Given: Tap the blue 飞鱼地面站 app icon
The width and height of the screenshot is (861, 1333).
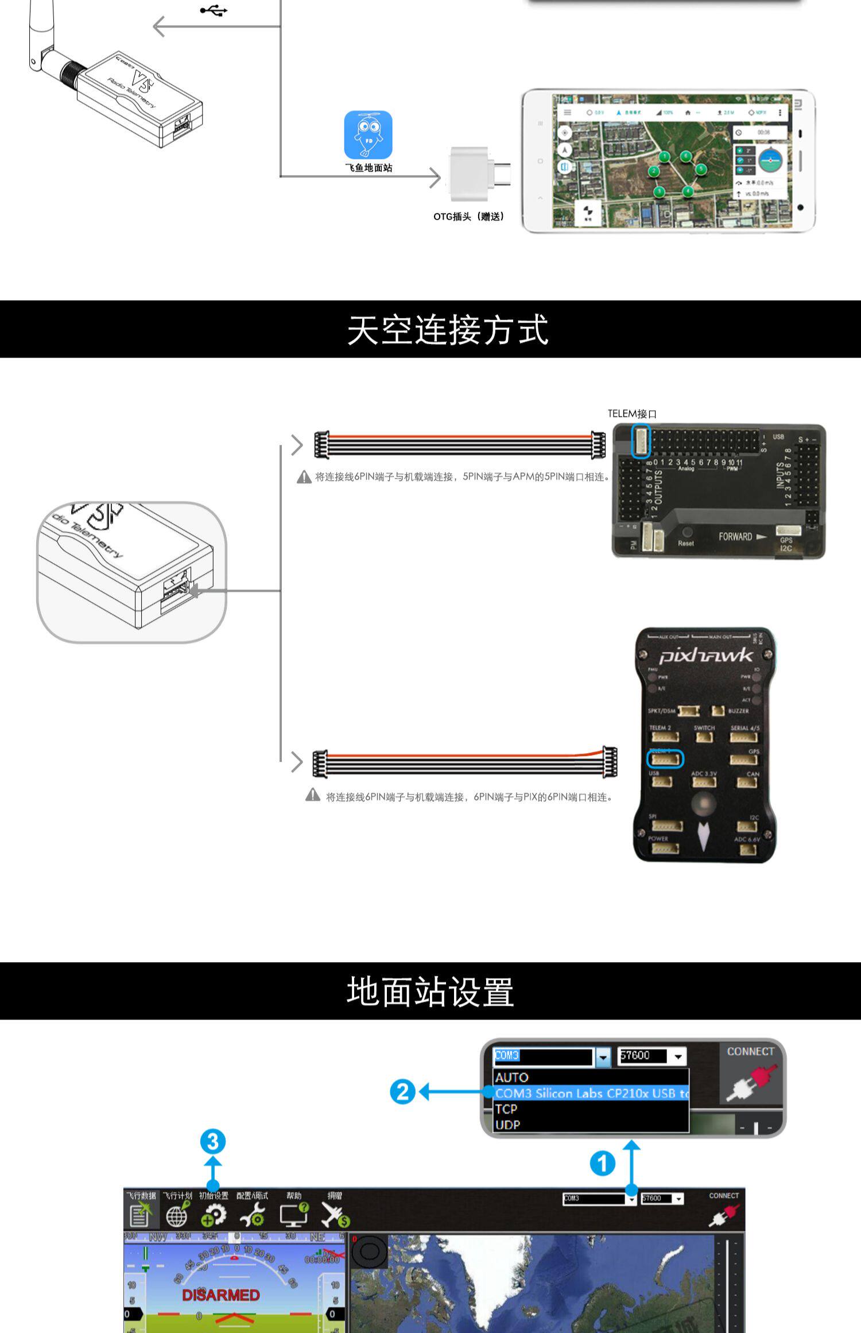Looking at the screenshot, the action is coord(368,135).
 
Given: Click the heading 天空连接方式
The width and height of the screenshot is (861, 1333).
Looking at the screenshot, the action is coord(447,330).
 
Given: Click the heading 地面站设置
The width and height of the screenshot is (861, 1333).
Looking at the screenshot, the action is coord(430,991).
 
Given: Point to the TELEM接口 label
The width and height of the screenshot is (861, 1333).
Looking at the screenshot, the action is coord(632,413).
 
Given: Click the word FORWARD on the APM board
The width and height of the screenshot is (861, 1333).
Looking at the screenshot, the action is coord(735,537).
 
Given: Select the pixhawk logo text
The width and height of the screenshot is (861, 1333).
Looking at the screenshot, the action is coord(705,656).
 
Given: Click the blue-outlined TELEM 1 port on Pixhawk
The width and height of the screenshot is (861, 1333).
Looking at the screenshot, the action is coord(665,759).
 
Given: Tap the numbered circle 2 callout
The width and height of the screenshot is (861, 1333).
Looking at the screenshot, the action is coord(402,1091).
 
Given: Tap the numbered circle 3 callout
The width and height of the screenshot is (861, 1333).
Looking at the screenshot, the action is coord(212,1141).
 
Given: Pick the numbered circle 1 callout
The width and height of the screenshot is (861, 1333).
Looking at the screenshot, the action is coord(602,1164).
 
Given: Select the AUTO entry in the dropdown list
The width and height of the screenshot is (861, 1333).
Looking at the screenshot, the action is coord(512,1078).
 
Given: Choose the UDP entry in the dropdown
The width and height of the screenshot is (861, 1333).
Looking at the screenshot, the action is coord(507,1125).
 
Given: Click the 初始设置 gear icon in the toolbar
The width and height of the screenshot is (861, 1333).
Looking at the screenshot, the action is coord(214,1215).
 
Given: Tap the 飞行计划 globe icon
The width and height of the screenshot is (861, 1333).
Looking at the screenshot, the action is coord(177,1215).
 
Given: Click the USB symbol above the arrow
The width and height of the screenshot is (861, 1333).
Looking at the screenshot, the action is coord(214,10).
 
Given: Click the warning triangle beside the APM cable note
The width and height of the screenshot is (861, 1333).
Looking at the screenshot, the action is coord(304,477).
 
